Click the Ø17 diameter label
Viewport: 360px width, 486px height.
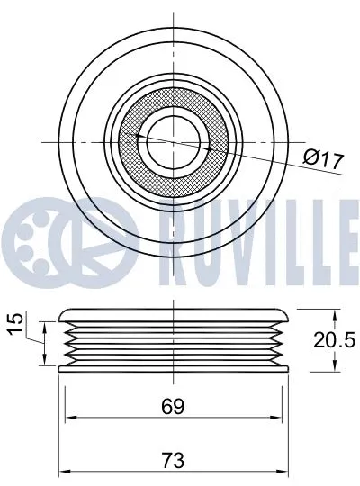[325, 161]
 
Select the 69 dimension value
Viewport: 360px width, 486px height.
[174, 406]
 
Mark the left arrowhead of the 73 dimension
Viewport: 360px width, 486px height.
[63, 472]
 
